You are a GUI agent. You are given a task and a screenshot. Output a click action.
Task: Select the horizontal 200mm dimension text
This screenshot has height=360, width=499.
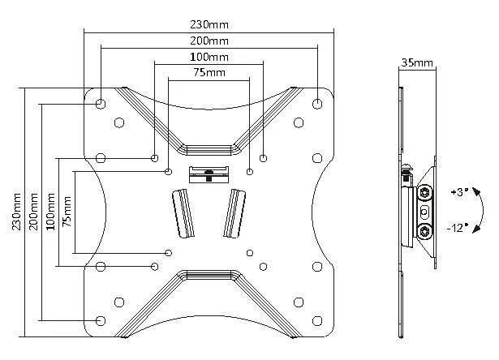click(208, 41)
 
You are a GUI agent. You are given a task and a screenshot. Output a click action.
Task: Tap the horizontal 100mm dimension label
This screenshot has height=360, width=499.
click(208, 57)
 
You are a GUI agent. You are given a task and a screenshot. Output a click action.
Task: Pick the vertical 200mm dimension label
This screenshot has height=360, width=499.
click(33, 212)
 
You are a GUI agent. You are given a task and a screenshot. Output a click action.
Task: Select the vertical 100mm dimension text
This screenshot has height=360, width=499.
click(51, 212)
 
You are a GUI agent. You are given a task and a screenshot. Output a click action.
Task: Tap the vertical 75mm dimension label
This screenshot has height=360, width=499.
click(67, 212)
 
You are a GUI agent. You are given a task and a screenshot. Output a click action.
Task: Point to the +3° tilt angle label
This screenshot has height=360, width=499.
click(458, 192)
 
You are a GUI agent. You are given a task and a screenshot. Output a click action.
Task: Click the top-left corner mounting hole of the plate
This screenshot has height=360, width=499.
click(100, 104)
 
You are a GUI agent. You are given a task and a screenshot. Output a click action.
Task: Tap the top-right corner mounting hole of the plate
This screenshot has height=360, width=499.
click(316, 104)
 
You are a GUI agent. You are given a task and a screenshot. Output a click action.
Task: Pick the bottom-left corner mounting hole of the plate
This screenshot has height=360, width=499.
click(100, 319)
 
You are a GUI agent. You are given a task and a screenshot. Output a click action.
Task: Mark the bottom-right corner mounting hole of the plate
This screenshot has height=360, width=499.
click(316, 319)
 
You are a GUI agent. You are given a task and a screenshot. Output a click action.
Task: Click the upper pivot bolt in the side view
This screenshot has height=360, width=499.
click(426, 193)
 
